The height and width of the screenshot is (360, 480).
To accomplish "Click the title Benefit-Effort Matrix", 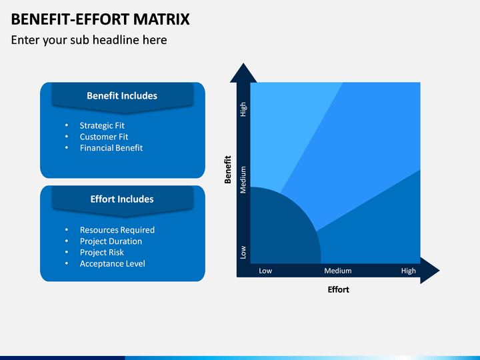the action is click(x=101, y=19).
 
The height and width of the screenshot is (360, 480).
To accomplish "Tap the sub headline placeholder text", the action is click(x=89, y=40).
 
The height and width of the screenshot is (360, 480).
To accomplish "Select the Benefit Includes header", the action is click(x=122, y=96).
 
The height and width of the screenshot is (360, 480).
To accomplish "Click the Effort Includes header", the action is click(x=122, y=199).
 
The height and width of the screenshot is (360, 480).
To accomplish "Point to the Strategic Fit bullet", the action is click(x=102, y=125).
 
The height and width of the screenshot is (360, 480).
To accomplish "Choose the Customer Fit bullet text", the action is click(x=104, y=137).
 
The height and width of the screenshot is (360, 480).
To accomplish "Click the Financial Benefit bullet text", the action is click(x=111, y=148).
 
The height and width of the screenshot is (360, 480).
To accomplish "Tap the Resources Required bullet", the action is click(x=117, y=230).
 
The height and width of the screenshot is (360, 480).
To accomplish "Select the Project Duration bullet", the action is click(x=111, y=241).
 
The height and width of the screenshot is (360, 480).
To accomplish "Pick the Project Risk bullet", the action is click(x=101, y=252).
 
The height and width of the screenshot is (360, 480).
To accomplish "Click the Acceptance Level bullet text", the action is click(x=113, y=263).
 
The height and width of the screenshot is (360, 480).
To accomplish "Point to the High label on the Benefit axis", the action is click(x=243, y=109).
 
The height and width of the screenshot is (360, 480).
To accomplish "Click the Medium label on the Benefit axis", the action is click(x=243, y=180).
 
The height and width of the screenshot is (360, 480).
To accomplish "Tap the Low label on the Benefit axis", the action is click(x=243, y=252).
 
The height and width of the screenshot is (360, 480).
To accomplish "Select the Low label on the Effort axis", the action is click(x=265, y=271).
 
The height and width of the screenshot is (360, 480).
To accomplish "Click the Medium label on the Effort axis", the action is click(x=338, y=271).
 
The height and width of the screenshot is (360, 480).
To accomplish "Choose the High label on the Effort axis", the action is click(x=409, y=271).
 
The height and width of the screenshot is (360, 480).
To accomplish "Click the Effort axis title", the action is click(x=338, y=289).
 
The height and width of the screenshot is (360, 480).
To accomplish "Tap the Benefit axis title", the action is click(x=228, y=169).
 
